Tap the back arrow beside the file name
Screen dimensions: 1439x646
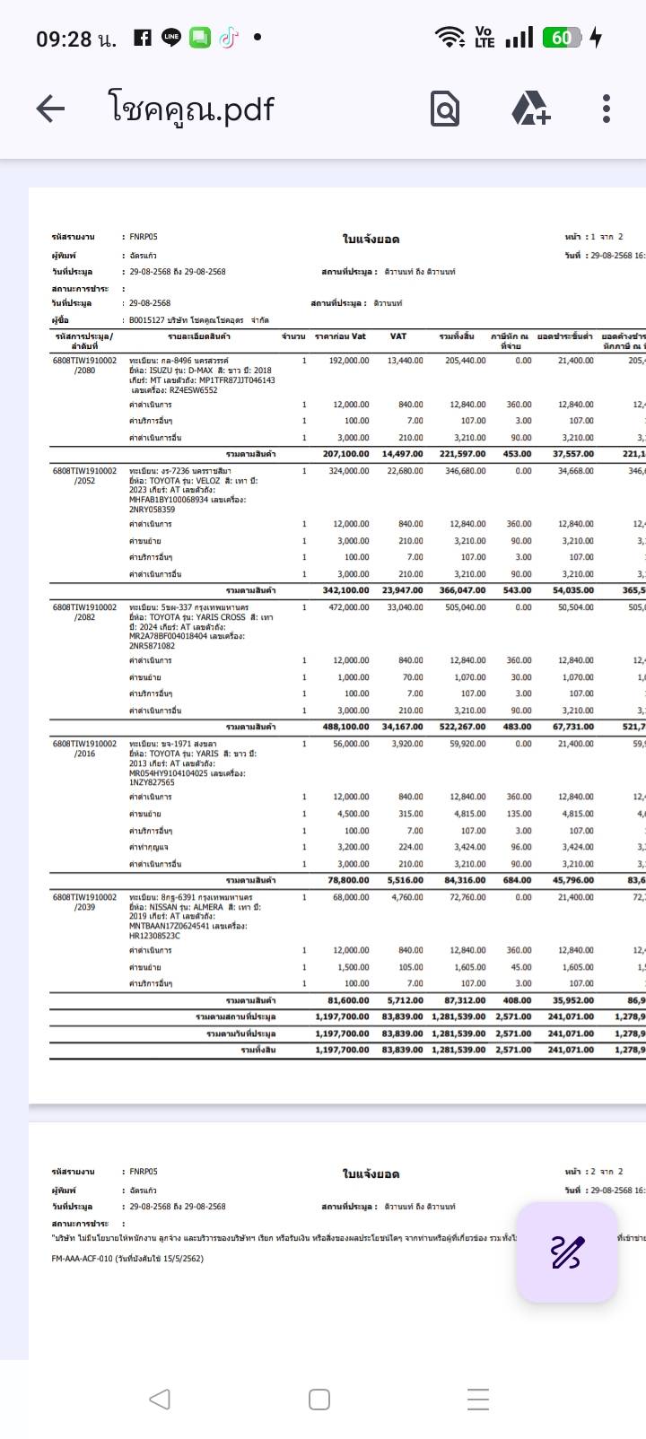pyautogui.click(x=50, y=109)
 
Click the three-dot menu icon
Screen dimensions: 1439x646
pyautogui.click(x=607, y=109)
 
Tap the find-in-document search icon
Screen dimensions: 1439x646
pyautogui.click(x=445, y=109)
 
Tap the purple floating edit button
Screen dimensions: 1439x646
pyautogui.click(x=566, y=1251)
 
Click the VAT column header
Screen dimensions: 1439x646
pyautogui.click(x=398, y=336)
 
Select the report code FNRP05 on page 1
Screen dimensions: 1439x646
pyautogui.click(x=143, y=237)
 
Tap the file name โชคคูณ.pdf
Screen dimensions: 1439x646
pyautogui.click(x=191, y=109)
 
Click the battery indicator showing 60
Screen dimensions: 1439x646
pyautogui.click(x=563, y=38)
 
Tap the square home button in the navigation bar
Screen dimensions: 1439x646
pyautogui.click(x=319, y=1400)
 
